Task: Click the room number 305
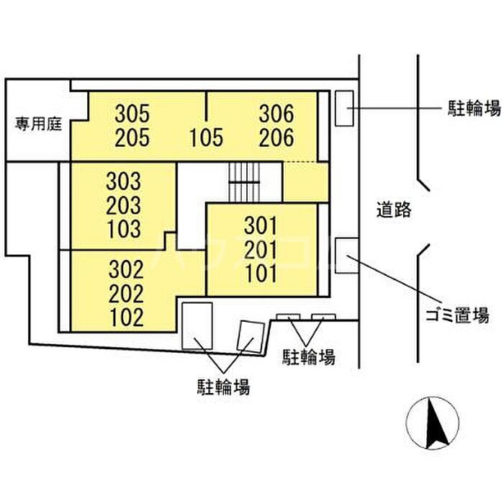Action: coord(133,114)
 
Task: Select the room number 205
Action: coord(133,137)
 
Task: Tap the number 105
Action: coord(207,137)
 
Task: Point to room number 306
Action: coord(277,114)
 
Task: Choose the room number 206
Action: coord(277,137)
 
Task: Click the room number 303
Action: coord(124,180)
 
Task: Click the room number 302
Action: coord(126,270)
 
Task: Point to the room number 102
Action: coord(126,317)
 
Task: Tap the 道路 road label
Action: coord(393,210)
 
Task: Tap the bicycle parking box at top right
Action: coord(344,108)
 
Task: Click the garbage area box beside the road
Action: coord(344,255)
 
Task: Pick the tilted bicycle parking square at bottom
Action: coord(251,336)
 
